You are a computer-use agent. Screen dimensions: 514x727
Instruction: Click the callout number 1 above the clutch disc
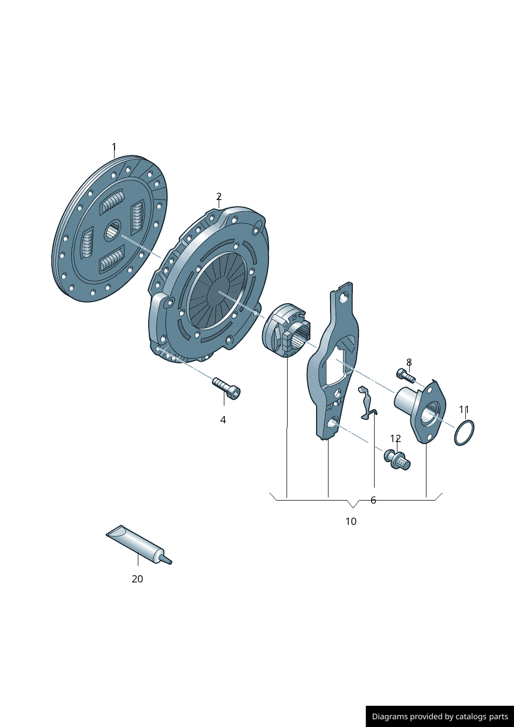point(114,147)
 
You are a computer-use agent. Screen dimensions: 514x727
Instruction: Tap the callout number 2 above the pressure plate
point(219,196)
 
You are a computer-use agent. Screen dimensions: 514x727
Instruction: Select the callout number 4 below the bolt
point(223,420)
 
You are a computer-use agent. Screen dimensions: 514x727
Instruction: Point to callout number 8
point(409,362)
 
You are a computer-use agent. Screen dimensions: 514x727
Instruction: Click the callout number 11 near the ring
point(464,410)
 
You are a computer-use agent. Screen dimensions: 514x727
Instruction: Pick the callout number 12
point(395,439)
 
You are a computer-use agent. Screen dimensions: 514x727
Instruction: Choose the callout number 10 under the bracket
point(351,521)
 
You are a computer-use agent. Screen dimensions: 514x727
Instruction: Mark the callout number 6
point(373,500)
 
